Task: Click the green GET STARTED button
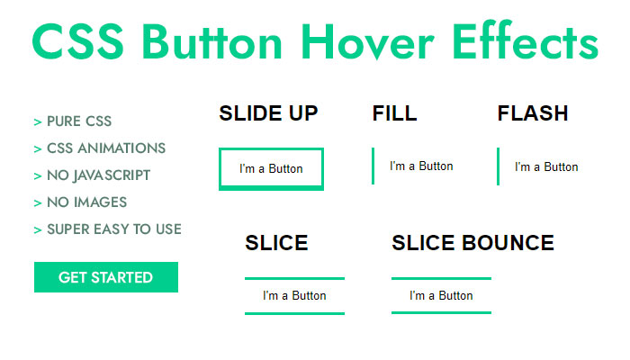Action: [x=106, y=277]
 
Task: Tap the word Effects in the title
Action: [x=526, y=40]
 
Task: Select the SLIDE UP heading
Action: [x=268, y=113]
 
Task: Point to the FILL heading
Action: [x=394, y=113]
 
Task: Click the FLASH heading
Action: [x=533, y=113]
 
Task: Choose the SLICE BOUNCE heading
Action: [x=472, y=243]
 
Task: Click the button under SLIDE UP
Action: [x=271, y=169]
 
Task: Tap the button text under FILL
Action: [x=421, y=166]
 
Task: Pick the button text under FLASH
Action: [x=546, y=166]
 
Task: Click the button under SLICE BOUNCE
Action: [x=441, y=296]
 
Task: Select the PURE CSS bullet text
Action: [x=79, y=121]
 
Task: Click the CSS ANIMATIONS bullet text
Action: [x=106, y=148]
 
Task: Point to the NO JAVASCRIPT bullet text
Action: [x=98, y=175]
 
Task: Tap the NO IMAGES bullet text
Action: [x=86, y=202]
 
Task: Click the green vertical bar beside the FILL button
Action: [x=373, y=166]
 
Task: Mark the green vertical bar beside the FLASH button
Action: [x=499, y=166]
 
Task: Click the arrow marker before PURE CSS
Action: [x=38, y=122]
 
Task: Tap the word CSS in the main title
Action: [x=78, y=41]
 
